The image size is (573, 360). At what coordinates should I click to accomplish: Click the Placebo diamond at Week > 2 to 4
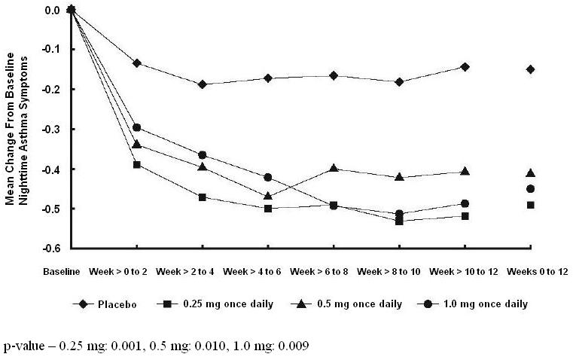click(202, 84)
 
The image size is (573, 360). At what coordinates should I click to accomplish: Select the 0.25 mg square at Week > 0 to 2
click(136, 164)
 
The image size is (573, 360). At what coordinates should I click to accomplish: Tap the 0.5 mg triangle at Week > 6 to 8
click(333, 168)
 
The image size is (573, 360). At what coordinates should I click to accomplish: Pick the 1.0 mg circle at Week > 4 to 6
click(267, 177)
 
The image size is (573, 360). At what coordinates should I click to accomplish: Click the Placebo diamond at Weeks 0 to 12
click(530, 69)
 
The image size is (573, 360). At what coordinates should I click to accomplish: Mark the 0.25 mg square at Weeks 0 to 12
click(530, 205)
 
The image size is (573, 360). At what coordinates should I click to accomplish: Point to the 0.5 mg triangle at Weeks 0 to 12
click(530, 172)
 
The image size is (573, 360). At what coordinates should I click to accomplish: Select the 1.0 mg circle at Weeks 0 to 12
click(530, 189)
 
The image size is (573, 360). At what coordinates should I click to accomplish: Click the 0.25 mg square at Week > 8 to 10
click(399, 221)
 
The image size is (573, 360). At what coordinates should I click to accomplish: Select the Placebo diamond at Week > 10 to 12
click(465, 67)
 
